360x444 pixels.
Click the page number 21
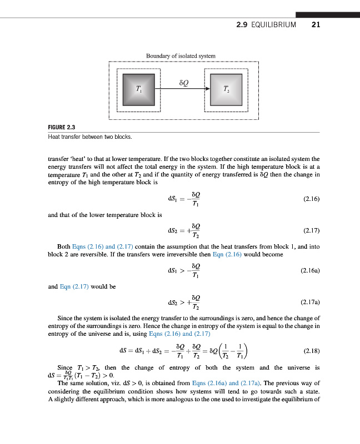click(316, 25)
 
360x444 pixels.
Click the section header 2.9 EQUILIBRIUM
click(266, 25)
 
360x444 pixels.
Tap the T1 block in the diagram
click(138, 89)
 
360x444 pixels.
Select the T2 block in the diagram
click(225, 89)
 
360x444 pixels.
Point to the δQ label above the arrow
click(184, 82)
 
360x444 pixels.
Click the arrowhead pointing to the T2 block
click(208, 89)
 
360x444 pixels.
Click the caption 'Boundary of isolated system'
click(181, 56)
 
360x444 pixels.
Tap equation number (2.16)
click(311, 198)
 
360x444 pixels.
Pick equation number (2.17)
click(311, 230)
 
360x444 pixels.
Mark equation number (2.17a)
click(309, 302)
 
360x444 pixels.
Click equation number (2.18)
click(311, 351)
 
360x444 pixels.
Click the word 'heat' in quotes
click(80, 158)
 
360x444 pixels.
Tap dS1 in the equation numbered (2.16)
click(172, 198)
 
